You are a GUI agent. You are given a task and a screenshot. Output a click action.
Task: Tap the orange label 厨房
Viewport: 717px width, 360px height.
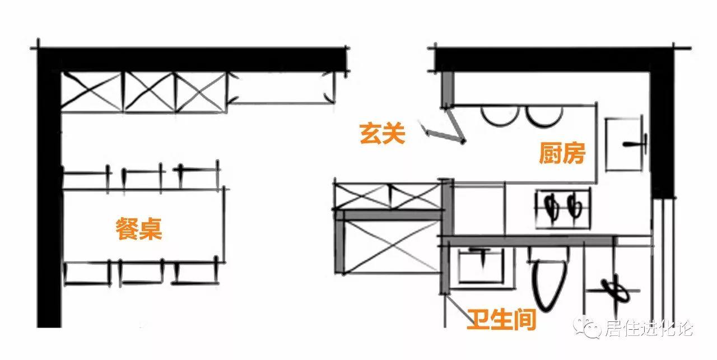[x=562, y=153]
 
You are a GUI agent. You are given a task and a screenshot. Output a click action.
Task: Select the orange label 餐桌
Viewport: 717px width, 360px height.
[x=139, y=229]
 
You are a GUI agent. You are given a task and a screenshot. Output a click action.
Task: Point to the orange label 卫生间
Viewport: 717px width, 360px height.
[x=502, y=319]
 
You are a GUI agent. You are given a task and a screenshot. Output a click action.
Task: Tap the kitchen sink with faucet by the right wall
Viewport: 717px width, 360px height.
[x=626, y=144]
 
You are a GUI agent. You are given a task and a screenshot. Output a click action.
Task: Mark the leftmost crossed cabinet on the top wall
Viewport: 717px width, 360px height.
[x=91, y=91]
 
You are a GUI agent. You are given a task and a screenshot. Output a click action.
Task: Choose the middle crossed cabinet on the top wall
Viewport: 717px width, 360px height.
[x=148, y=91]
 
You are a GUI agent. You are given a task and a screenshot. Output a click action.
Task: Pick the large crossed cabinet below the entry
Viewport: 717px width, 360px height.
[x=391, y=246]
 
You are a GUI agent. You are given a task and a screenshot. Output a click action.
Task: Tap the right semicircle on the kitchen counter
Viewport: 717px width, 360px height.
[x=543, y=116]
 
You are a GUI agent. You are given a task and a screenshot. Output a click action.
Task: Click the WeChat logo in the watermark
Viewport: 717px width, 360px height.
[x=592, y=328]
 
